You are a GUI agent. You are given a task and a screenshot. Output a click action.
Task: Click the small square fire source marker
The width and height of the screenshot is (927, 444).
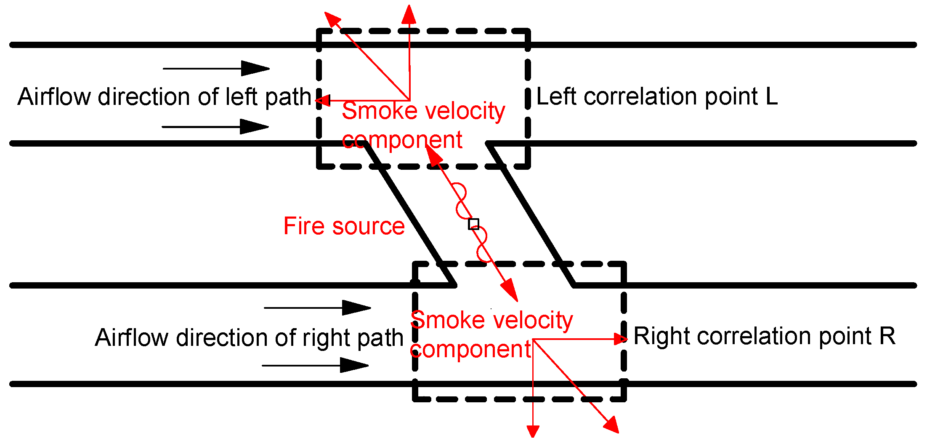coord(474,224)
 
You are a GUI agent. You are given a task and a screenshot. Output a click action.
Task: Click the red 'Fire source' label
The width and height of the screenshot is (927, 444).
coord(344,226)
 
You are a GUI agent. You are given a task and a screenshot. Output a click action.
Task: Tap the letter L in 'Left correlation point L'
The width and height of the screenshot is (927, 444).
coord(771,96)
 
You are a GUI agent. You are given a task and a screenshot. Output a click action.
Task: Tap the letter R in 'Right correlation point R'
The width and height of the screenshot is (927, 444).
coord(887,336)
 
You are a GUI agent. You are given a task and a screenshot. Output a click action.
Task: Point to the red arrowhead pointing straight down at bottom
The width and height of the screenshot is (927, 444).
coord(533,431)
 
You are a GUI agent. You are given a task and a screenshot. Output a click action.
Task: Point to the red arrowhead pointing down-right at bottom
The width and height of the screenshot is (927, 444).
coord(611,425)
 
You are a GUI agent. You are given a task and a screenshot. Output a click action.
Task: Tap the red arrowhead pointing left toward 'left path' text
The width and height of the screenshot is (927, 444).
coord(322,100)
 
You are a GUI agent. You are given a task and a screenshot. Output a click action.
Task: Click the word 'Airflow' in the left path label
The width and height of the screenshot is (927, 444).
coord(54,97)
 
